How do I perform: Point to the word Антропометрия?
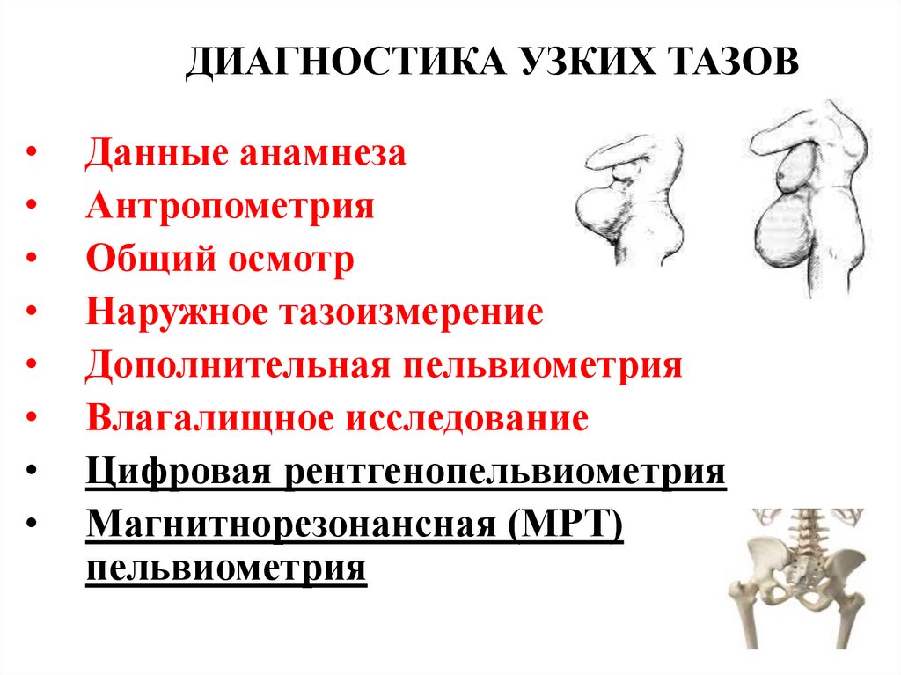click(x=231, y=207)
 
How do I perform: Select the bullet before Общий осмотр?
click(x=32, y=261)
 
